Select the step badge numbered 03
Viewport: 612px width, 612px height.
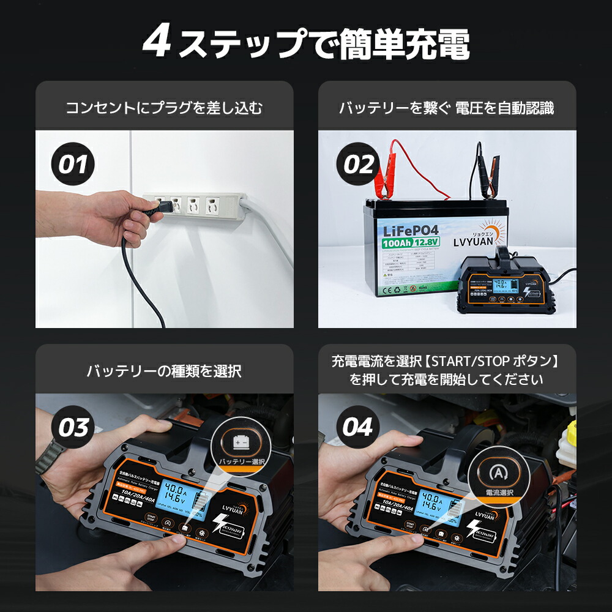coord(73,428)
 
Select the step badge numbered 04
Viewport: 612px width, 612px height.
coord(357,428)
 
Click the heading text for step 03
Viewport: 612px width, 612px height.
coord(164,371)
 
